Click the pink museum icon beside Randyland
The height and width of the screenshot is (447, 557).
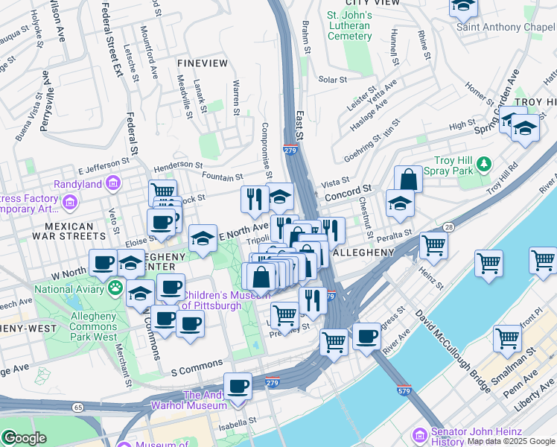[113, 183]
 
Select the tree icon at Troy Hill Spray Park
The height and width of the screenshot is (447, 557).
[485, 162]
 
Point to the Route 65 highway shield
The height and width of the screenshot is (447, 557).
[78, 407]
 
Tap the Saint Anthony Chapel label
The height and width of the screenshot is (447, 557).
[506, 27]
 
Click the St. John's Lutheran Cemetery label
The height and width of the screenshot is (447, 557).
[348, 25]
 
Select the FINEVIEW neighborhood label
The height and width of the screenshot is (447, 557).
[203, 63]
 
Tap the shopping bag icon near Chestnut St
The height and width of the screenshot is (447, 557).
[408, 179]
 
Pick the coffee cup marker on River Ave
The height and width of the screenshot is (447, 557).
[366, 336]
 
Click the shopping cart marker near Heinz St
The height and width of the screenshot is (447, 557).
[433, 244]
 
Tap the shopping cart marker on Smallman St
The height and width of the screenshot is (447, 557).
[507, 337]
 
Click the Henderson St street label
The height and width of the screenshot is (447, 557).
[178, 165]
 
